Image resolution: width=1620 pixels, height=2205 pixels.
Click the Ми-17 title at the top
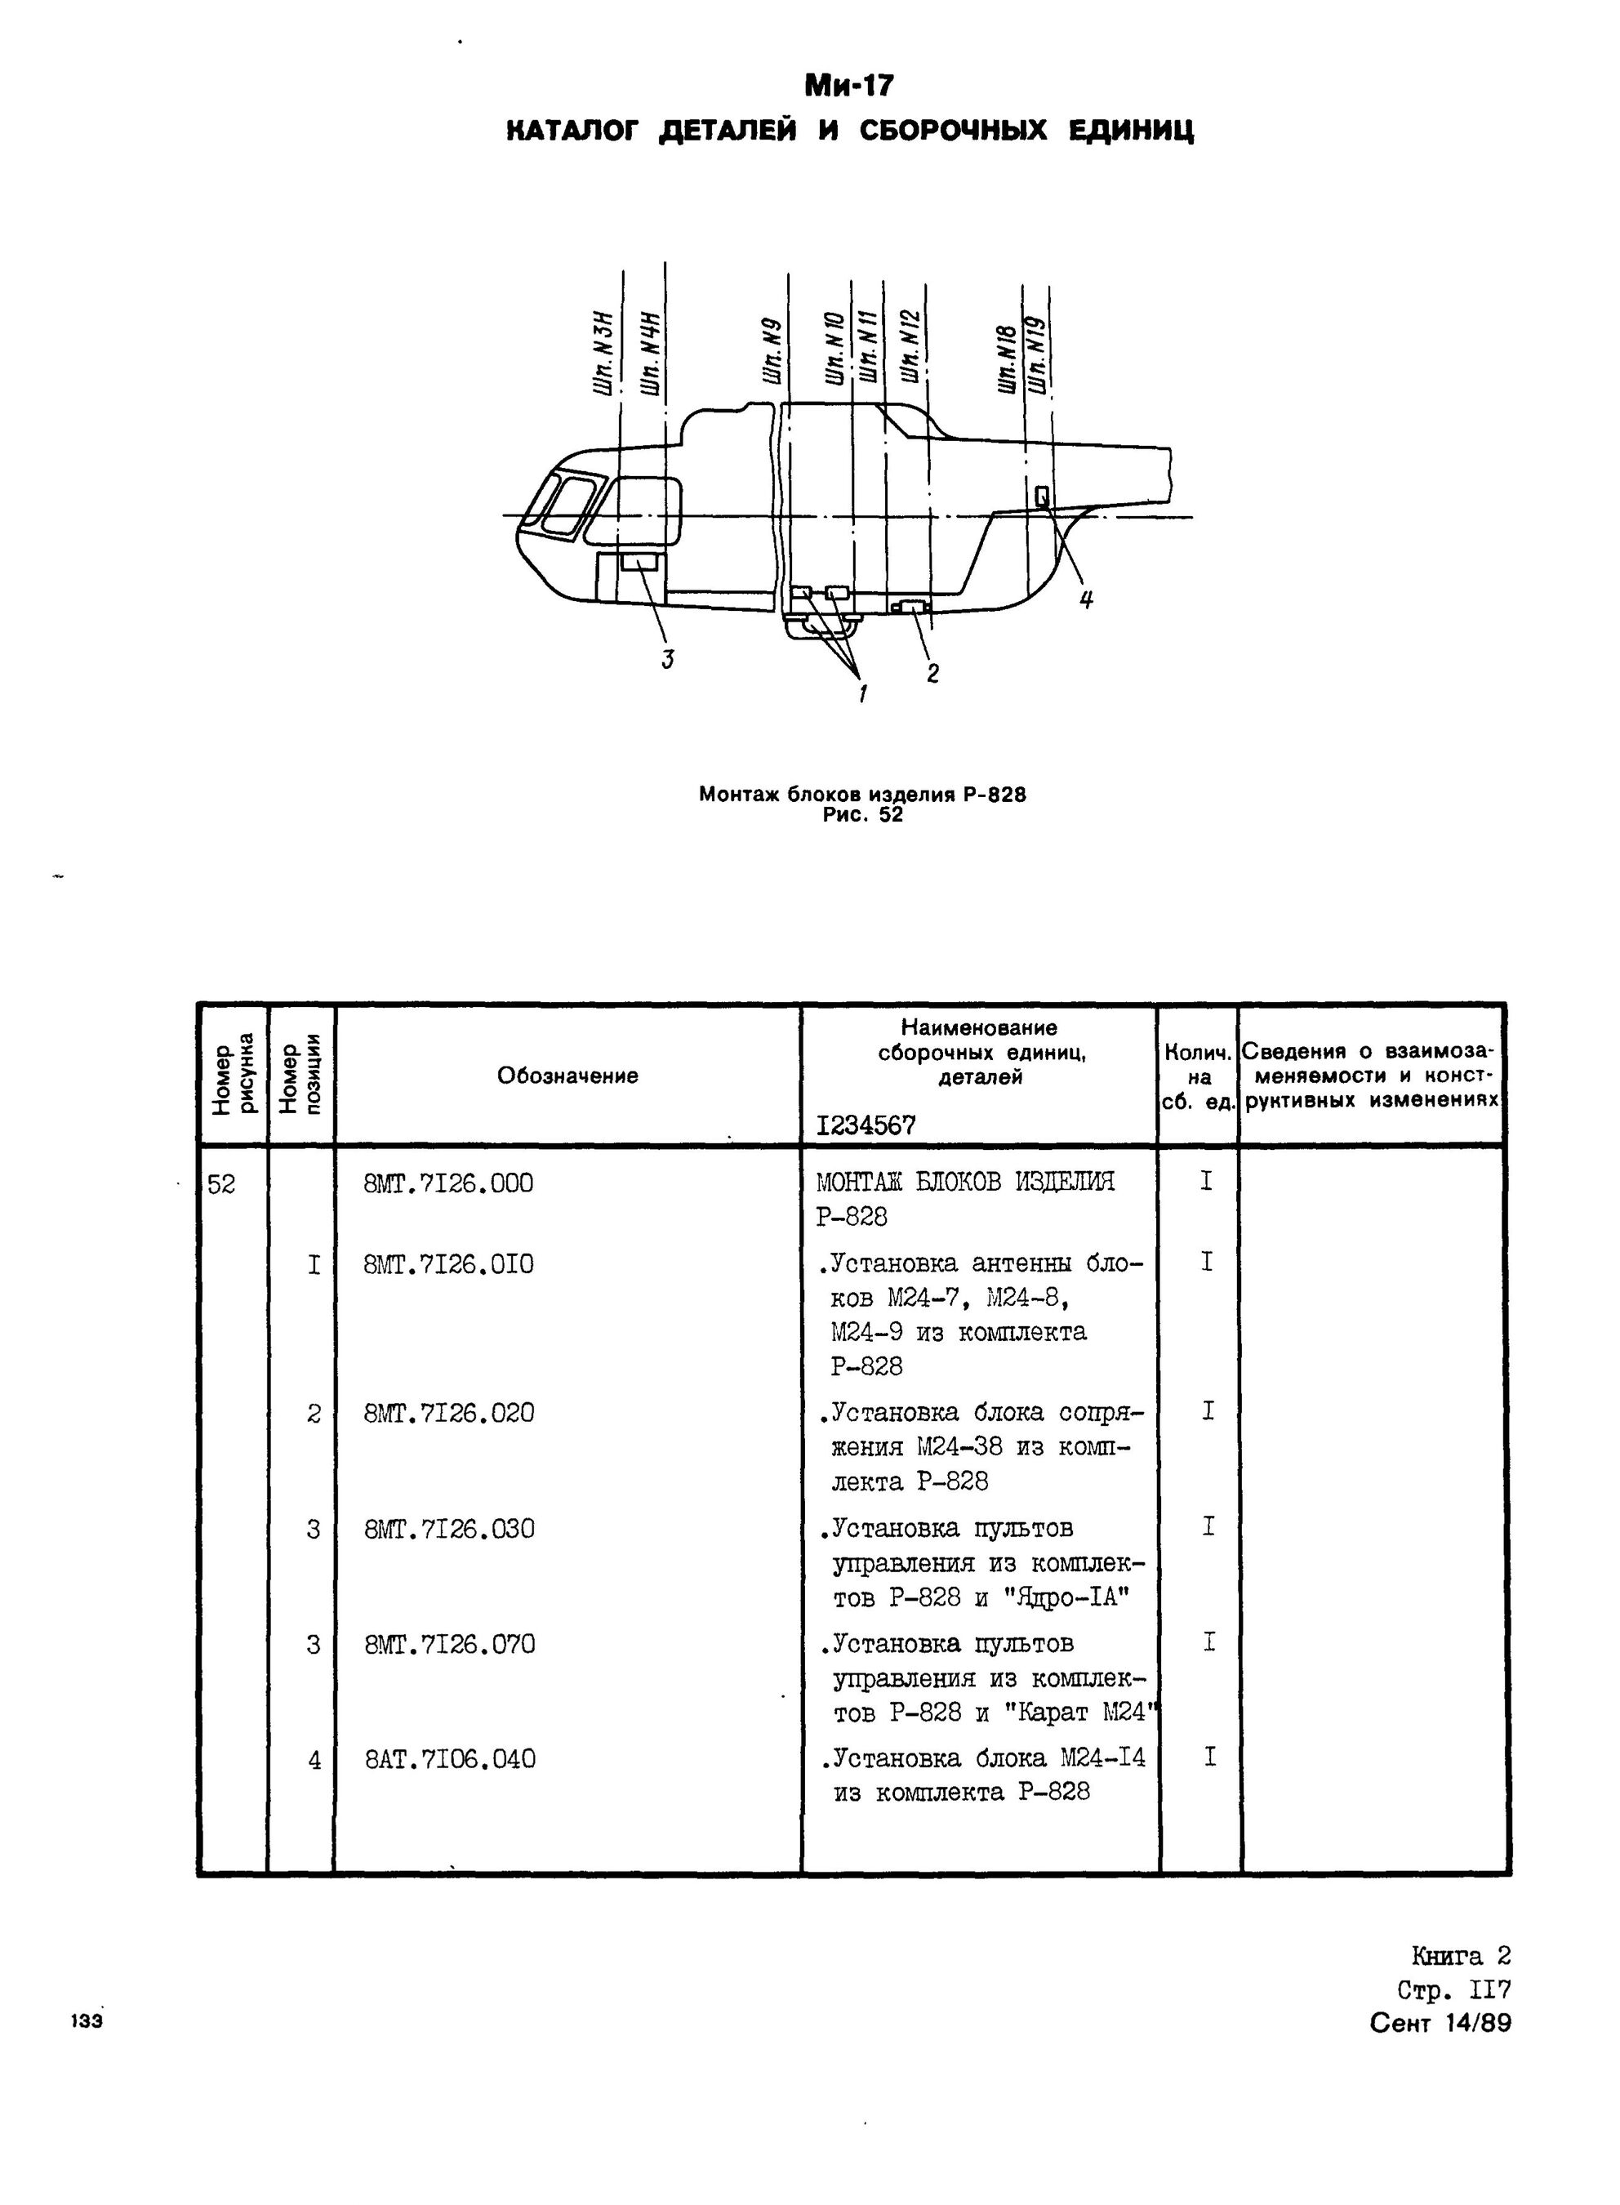point(848,87)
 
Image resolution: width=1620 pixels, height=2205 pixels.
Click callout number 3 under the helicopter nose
point(668,659)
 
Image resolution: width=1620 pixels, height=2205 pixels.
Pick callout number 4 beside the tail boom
point(1085,599)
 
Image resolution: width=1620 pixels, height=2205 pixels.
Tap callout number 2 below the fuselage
point(932,673)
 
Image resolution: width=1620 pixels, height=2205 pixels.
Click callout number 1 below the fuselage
point(863,693)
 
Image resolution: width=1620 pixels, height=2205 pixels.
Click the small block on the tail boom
point(1041,496)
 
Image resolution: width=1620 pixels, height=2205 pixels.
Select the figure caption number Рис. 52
point(863,814)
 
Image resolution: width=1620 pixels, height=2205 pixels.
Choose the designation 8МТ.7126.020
point(448,1414)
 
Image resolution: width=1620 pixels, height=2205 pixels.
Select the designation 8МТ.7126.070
point(449,1644)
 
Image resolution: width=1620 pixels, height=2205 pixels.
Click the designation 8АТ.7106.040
point(450,1760)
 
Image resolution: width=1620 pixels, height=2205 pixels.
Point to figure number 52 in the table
point(221,1185)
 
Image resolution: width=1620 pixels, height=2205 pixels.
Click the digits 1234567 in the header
point(866,1126)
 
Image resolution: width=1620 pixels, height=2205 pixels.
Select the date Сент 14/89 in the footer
point(1440,2023)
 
